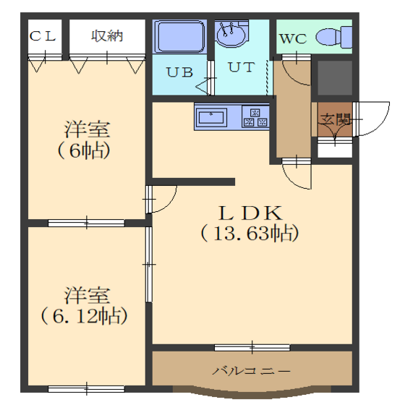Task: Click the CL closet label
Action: pos(43,36)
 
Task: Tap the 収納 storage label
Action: pos(107,36)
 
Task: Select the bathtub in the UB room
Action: pos(180,37)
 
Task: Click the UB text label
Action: pos(180,72)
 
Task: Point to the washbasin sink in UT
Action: pos(231,34)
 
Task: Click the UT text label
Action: pos(242,67)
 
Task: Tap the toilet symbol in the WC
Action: pos(333,37)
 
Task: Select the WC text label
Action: pos(294,39)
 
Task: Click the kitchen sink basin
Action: pos(211,118)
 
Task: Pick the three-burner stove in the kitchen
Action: pos(255,117)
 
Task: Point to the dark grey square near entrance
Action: pos(335,78)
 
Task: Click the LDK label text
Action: pos(250,213)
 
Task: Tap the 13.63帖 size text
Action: pos(250,233)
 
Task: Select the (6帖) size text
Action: pos(84,150)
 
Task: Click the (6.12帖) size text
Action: pos(84,316)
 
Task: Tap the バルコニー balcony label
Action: pos(252,372)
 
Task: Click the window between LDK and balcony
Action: pos(252,347)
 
